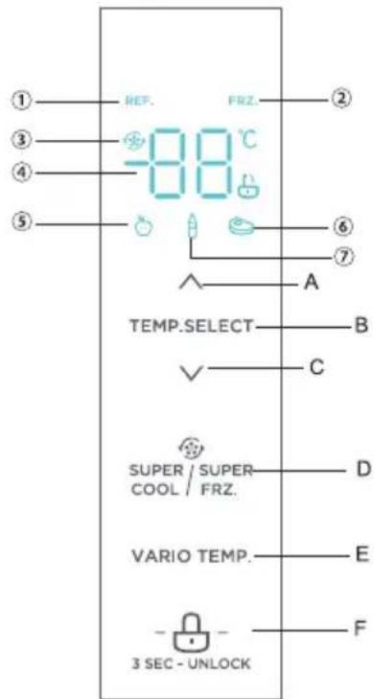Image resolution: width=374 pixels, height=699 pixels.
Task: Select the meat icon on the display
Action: point(241,227)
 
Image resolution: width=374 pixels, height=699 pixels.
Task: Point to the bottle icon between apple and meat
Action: point(192,228)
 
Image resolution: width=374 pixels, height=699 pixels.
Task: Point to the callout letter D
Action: point(362,472)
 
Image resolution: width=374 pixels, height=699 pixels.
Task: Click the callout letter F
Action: point(362,633)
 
